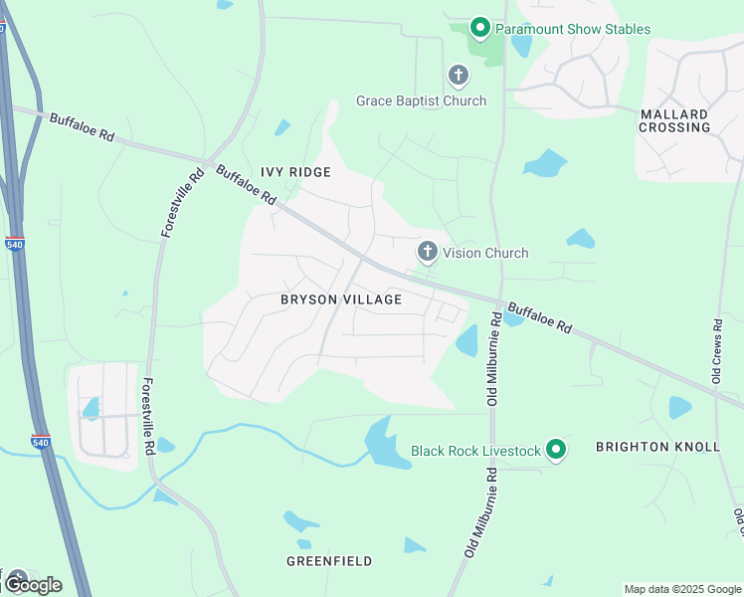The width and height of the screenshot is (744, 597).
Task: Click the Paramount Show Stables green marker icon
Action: (x=479, y=28)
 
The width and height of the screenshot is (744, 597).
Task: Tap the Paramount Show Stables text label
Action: (x=573, y=29)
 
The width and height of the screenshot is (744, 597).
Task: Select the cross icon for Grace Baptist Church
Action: (x=459, y=75)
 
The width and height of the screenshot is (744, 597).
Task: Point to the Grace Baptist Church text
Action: (x=422, y=100)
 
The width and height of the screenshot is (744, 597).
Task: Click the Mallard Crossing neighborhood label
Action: (x=674, y=120)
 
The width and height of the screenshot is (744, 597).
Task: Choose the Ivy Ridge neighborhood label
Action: (x=295, y=172)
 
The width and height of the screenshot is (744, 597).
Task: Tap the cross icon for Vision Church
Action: (x=428, y=252)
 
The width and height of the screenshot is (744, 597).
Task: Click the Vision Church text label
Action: (x=485, y=253)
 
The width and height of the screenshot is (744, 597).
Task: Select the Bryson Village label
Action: (x=341, y=299)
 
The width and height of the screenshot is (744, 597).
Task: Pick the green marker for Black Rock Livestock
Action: (x=556, y=451)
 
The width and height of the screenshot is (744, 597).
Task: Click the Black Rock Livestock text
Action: (x=475, y=451)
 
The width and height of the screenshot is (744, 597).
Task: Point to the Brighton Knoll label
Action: (x=657, y=447)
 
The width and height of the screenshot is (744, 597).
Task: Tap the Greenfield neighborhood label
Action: (x=329, y=561)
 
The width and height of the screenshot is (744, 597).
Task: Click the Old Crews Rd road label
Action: (x=716, y=351)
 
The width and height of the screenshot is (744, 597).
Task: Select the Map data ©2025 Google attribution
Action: (x=681, y=589)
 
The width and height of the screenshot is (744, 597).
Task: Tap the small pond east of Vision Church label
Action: (x=580, y=239)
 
